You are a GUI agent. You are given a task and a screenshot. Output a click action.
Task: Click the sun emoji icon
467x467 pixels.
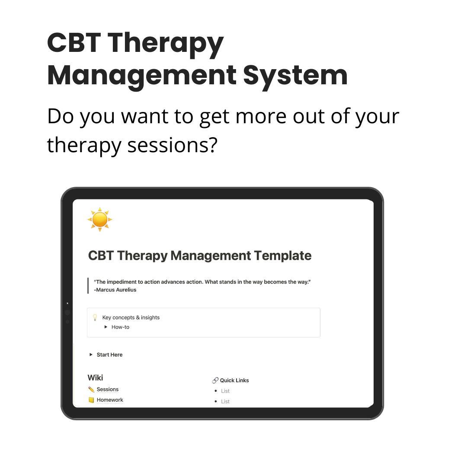pos(100,219)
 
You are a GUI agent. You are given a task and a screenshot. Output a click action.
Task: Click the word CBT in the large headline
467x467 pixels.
pos(74,43)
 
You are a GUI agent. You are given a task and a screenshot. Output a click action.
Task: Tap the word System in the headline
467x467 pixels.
pos(295,75)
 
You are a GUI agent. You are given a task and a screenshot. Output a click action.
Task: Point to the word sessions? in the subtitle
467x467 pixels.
pos(172,145)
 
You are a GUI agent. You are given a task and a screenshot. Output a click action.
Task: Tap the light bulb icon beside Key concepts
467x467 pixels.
pos(95,317)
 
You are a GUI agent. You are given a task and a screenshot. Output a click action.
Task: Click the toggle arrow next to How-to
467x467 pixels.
pos(106,327)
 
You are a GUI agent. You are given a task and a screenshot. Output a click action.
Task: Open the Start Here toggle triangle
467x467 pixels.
pos(91,355)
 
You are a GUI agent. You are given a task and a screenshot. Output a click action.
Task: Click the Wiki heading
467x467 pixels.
pos(95,377)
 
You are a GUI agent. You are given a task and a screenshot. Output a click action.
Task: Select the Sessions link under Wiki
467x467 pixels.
pos(107,389)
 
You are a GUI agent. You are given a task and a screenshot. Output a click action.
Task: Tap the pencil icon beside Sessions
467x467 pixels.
pos(91,389)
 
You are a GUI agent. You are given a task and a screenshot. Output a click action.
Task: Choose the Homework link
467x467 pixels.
pos(110,400)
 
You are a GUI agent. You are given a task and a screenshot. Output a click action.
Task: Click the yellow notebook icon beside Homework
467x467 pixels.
pos(91,400)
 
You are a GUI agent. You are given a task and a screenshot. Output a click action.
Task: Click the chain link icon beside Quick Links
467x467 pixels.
pos(215,381)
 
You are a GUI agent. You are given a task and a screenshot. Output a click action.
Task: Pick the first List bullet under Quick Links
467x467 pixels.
pos(225,391)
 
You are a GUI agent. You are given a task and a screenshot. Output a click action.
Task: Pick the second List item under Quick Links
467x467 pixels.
pos(225,401)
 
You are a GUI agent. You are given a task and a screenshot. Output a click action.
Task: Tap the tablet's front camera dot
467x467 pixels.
pos(67,312)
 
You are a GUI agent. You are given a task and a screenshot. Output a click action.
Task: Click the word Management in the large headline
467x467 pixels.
pos(141,75)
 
